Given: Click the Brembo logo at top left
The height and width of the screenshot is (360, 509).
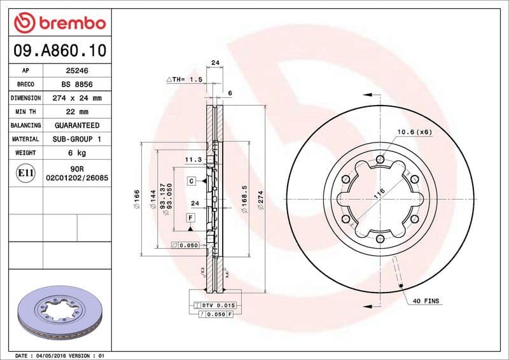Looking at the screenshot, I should (x=59, y=24).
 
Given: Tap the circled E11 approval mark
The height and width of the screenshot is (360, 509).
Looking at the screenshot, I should (x=26, y=172).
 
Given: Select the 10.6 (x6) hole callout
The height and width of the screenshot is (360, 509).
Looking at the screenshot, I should (x=414, y=132).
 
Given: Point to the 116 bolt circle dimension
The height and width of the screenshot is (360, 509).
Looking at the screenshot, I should (x=380, y=195).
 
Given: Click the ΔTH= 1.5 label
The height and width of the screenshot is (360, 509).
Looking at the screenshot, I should (x=184, y=80).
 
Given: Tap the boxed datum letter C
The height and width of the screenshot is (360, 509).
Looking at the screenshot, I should (x=190, y=181).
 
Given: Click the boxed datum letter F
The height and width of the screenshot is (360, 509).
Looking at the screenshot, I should (x=190, y=218).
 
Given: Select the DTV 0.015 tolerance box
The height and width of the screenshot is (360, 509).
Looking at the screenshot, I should (x=215, y=305).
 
